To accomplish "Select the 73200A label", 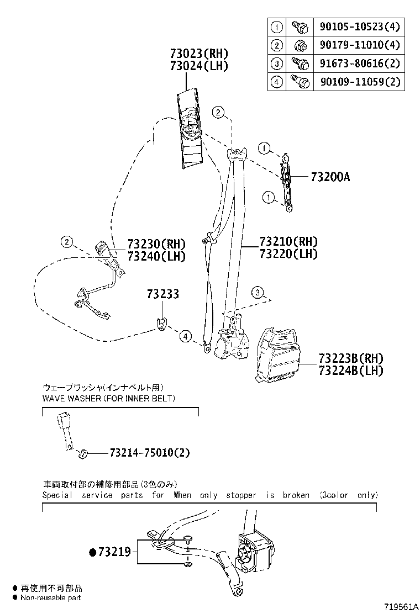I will coord(330,177).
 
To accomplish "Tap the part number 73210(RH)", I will coord(288,242).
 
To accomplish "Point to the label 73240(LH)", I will coord(156,256).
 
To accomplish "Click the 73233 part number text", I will coord(163,294).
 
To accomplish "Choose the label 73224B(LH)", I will coord(351,370).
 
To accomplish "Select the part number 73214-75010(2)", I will coord(150,453).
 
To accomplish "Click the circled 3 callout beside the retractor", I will coord(258,293).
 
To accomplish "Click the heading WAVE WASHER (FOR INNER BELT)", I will coord(109,398).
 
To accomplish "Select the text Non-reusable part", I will coord(51,597).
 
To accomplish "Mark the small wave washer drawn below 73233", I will coord(161,325).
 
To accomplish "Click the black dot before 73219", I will coord(92,552).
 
